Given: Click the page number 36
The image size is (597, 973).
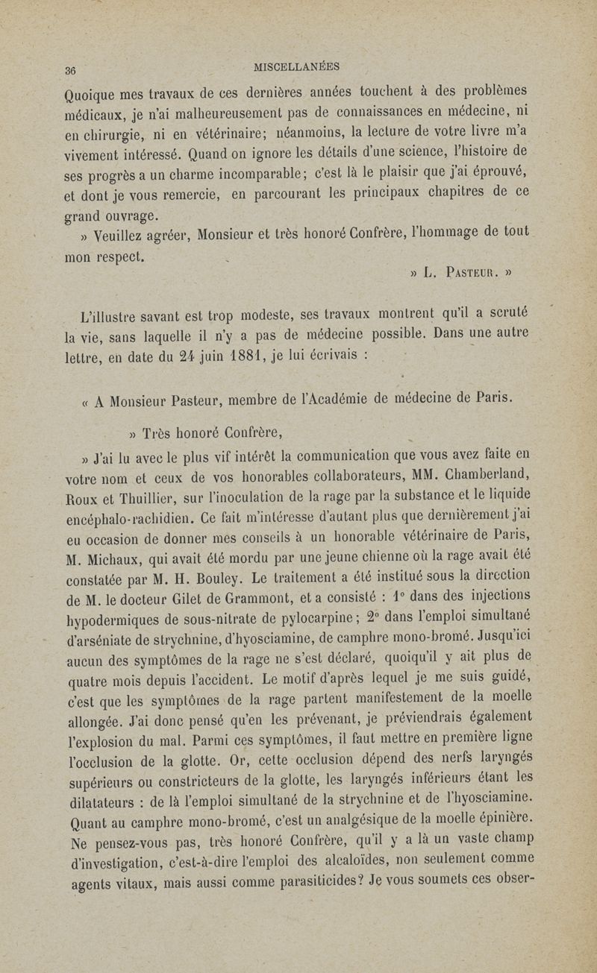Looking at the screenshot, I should pyautogui.click(x=72, y=70).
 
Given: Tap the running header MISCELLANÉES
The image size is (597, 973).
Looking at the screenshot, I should pyautogui.click(x=297, y=66).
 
